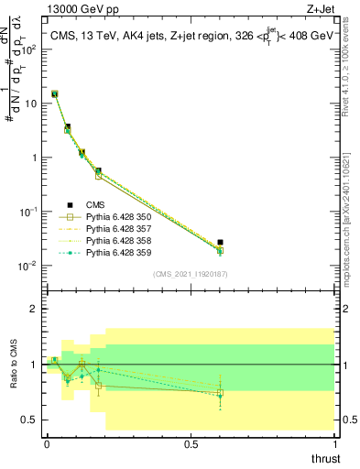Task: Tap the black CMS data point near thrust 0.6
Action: (220, 242)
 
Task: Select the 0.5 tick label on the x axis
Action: (191, 444)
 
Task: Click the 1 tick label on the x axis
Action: (334, 444)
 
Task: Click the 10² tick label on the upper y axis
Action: (30, 49)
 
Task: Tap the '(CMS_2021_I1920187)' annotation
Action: (190, 273)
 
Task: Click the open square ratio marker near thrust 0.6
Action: (220, 393)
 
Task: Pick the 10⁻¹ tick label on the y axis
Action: (30, 212)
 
